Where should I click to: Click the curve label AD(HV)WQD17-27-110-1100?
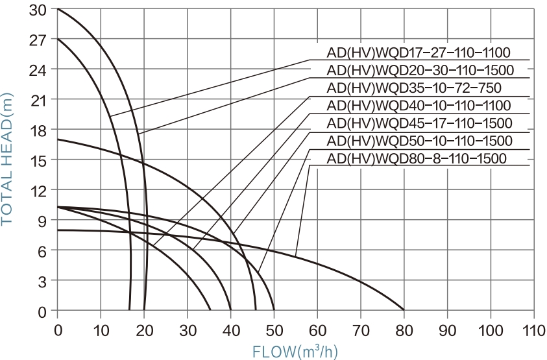[x=419, y=53]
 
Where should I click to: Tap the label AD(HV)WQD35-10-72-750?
[x=414, y=88]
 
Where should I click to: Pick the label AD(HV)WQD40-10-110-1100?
[x=419, y=105]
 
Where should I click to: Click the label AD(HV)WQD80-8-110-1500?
[x=417, y=158]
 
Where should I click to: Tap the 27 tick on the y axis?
[x=40, y=40]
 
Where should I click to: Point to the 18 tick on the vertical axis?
[x=40, y=130]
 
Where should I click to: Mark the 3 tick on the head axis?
[x=44, y=280]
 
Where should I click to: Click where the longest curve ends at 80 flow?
[x=404, y=310]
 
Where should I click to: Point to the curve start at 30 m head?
[x=58, y=9]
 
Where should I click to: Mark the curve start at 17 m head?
[x=58, y=139]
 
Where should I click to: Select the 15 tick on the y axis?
[x=40, y=160]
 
